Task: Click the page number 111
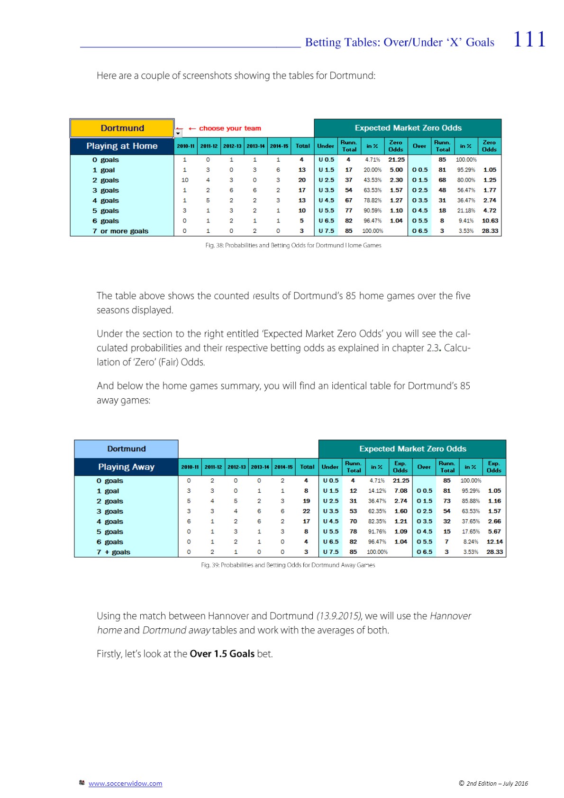pos(529,39)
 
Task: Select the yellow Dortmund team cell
pos(122,128)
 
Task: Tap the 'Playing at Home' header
pos(122,146)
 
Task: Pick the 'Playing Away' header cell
pos(126,467)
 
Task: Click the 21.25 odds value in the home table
pos(396,160)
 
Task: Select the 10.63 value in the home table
pos(490,220)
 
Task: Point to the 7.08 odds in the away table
pos(400,491)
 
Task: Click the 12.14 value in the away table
pos(494,541)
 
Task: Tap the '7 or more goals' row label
pos(120,231)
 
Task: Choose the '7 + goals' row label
pos(113,552)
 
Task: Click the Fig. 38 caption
pos(293,245)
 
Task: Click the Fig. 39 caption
pos(288,565)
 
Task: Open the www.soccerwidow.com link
pos(125,783)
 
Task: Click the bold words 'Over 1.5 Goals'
pos(222,654)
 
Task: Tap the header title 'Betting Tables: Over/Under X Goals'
pos(400,43)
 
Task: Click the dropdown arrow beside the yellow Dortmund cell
pos(178,133)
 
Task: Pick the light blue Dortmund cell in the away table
pos(126,449)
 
